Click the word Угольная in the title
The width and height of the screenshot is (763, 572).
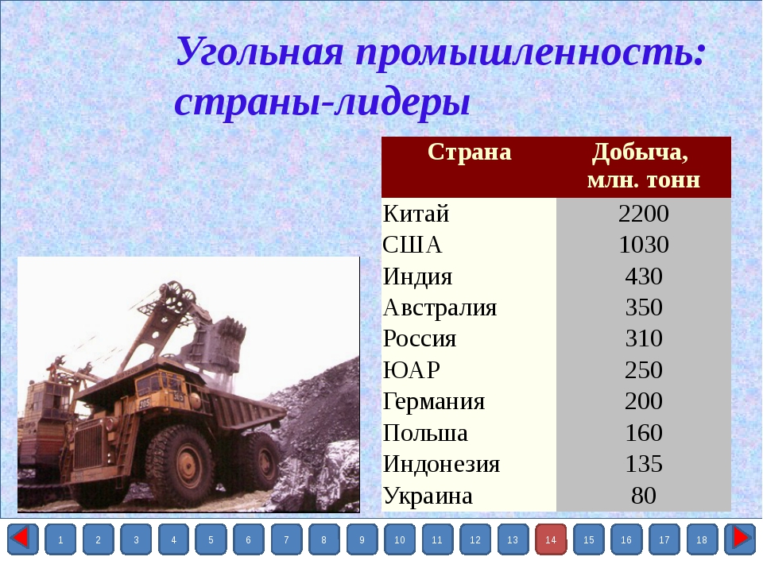[x=260, y=52]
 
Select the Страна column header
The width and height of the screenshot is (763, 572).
[x=469, y=152]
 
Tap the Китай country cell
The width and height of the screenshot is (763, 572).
[x=416, y=214]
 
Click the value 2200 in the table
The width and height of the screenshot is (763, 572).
[x=643, y=214]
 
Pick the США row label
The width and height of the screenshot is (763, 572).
[x=412, y=245]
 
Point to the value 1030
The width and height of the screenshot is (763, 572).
[x=643, y=245]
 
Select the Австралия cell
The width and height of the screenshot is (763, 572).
[x=440, y=307]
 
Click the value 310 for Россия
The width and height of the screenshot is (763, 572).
[x=643, y=338]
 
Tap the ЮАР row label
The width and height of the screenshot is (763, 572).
[x=411, y=370]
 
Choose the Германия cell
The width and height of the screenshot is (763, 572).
[x=434, y=402]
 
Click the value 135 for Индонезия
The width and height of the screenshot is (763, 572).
[x=643, y=464]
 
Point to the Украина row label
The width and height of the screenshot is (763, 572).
[x=428, y=496]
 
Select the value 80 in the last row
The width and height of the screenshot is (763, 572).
[x=643, y=496]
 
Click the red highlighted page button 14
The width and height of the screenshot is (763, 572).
[x=550, y=539]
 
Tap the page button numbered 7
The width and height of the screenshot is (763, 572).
[x=286, y=539]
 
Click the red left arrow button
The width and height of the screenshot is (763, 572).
[x=22, y=539]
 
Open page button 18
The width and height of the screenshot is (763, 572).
[x=702, y=539]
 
